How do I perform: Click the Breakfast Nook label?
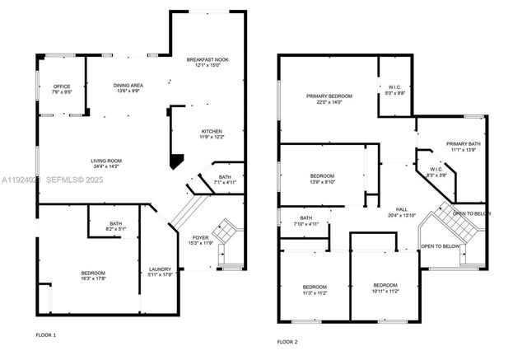[x=207, y=60]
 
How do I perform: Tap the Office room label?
[x=62, y=86]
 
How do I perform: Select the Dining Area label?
[x=128, y=84]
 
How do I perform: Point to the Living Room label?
[x=105, y=161]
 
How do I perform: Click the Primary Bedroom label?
[x=329, y=96]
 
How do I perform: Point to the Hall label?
[x=401, y=209]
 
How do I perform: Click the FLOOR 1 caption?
[x=46, y=335]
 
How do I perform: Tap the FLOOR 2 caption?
[x=287, y=340]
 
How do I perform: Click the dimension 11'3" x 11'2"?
[x=315, y=292]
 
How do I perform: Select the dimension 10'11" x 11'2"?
[x=385, y=291]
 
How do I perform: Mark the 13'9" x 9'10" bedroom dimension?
[x=322, y=181]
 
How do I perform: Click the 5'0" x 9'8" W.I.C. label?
[x=394, y=92]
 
